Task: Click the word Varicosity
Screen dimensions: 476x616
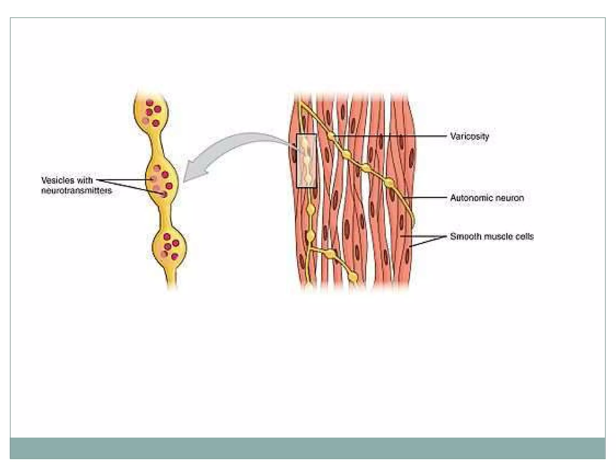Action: point(469,137)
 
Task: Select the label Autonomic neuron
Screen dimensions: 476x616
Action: point(487,198)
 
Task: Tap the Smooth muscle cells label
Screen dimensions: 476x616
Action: point(491,236)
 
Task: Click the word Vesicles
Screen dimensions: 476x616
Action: point(57,180)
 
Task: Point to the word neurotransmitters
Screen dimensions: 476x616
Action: point(76,190)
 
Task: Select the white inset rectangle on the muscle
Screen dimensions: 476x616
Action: point(306,161)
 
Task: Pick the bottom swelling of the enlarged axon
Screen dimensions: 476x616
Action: point(169,247)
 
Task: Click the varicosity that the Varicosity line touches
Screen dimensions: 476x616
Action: point(331,136)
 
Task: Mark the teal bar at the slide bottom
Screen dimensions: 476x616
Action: point(307,448)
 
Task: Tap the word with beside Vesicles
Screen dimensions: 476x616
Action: point(85,180)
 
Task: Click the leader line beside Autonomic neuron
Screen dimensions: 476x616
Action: point(427,198)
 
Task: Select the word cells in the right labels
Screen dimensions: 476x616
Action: point(525,236)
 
